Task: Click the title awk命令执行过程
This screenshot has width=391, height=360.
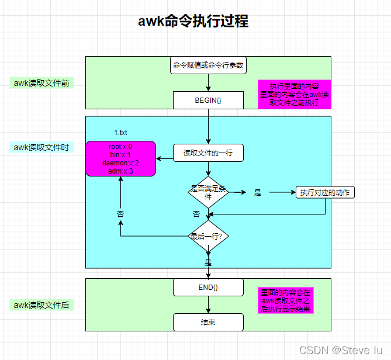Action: point(193,21)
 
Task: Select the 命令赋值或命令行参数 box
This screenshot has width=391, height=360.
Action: point(208,65)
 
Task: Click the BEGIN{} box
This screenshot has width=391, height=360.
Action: point(208,100)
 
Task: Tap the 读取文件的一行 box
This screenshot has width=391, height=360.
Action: point(208,153)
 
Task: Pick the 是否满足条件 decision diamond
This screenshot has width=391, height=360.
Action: point(208,192)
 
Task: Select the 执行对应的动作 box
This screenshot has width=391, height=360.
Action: point(325,193)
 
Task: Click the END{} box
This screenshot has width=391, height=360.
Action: point(208,287)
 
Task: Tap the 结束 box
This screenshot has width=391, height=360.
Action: point(208,322)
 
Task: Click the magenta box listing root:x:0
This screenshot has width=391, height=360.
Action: point(120,159)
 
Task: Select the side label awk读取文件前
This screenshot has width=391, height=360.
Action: point(41,83)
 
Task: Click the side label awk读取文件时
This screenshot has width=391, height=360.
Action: point(41,147)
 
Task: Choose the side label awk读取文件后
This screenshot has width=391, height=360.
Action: point(41,305)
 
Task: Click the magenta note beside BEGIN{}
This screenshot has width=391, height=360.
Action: point(294,94)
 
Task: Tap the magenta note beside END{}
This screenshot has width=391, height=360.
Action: point(286,300)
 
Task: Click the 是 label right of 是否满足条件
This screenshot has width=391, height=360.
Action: point(258,193)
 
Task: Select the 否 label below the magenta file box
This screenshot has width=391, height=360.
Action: point(120,214)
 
